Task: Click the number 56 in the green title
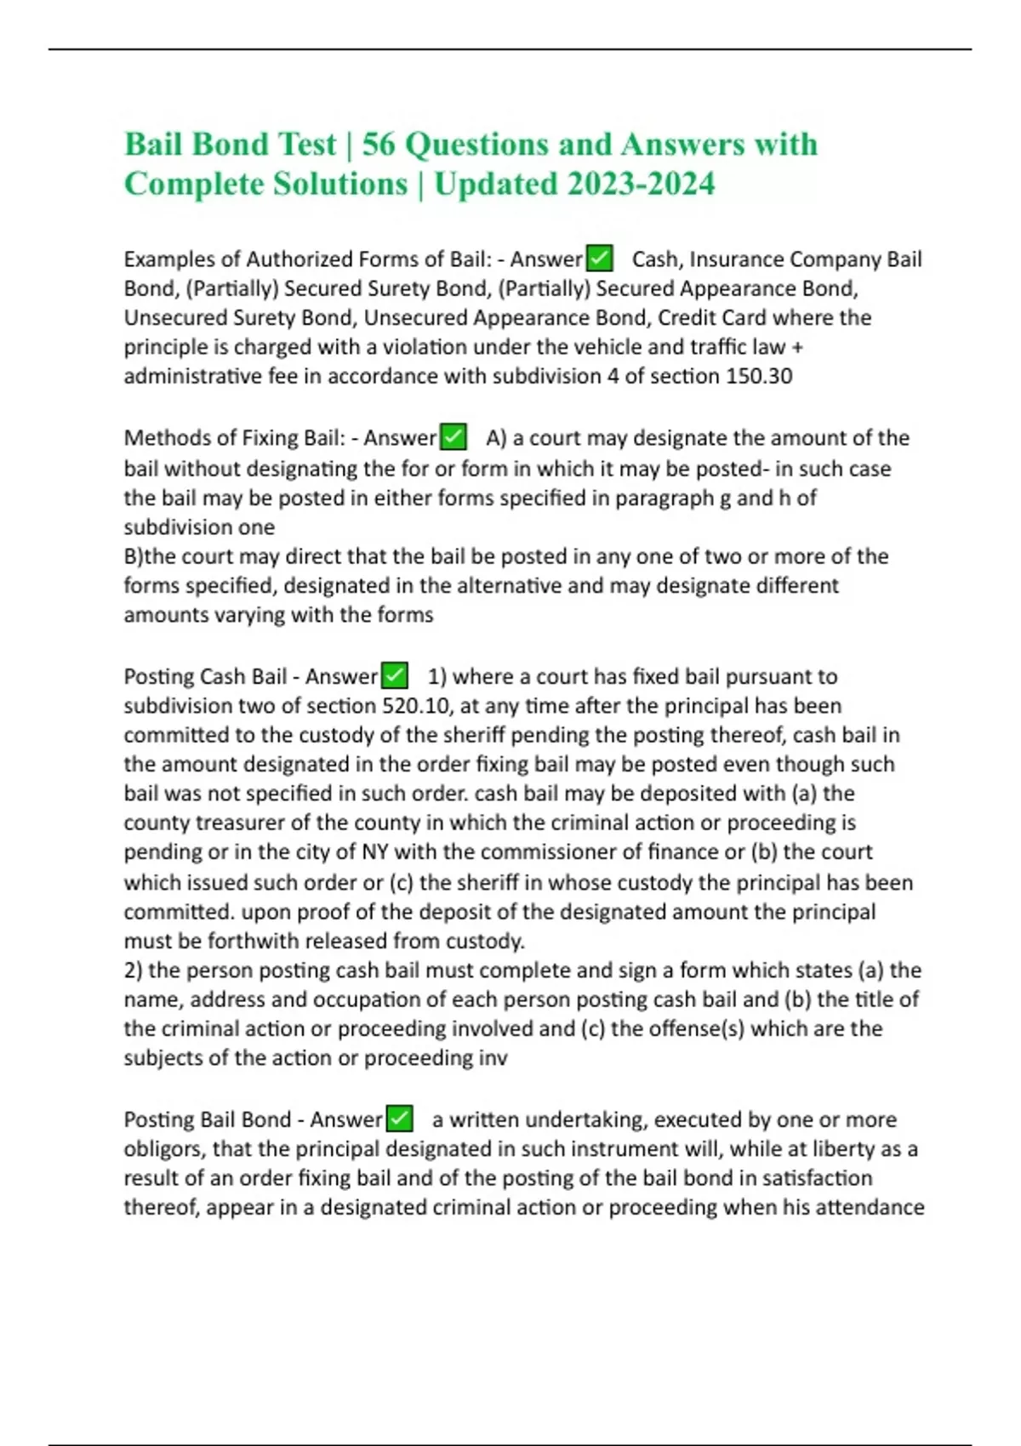(379, 145)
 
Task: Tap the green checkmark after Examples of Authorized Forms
(600, 258)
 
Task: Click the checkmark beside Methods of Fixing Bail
(453, 437)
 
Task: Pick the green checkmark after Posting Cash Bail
(394, 676)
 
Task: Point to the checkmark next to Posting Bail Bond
(400, 1119)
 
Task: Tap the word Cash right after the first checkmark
(655, 259)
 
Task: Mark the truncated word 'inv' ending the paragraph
(493, 1058)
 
